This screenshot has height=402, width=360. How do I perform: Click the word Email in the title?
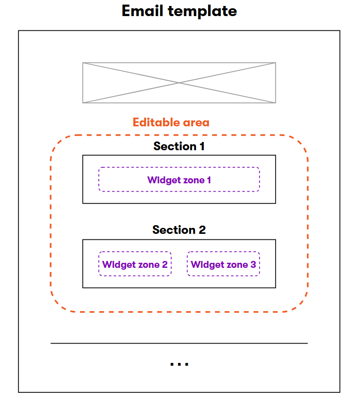pyautogui.click(x=143, y=11)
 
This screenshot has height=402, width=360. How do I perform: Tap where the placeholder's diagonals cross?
pyautogui.click(x=179, y=83)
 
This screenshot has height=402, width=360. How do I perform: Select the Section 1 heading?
pyautogui.click(x=179, y=147)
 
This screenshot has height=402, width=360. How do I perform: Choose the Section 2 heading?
pyautogui.click(x=179, y=230)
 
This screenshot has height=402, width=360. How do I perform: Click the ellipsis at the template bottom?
pyautogui.click(x=179, y=364)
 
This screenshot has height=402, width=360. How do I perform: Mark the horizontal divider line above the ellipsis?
pyautogui.click(x=179, y=343)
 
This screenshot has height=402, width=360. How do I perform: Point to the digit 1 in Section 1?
pyautogui.click(x=201, y=147)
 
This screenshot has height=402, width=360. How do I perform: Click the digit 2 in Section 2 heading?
pyautogui.click(x=202, y=230)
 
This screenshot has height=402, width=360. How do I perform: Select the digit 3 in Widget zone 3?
pyautogui.click(x=253, y=265)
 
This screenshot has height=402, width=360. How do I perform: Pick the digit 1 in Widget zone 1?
pyautogui.click(x=208, y=180)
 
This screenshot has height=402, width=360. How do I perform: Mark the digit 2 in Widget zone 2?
pyautogui.click(x=164, y=265)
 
